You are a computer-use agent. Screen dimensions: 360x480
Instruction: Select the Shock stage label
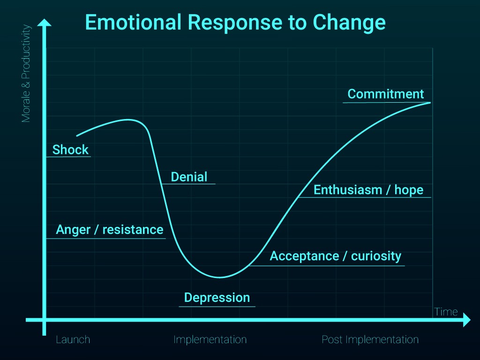[x=70, y=150]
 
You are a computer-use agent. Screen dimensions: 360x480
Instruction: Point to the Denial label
[x=189, y=177]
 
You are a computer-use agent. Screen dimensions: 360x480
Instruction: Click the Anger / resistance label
[x=109, y=230]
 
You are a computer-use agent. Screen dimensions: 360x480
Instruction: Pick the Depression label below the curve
[x=217, y=298]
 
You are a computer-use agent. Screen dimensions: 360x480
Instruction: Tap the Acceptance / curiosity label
[x=336, y=256]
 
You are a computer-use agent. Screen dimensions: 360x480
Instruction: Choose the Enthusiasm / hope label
[x=368, y=190]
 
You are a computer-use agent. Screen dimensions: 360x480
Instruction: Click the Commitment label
[x=386, y=94]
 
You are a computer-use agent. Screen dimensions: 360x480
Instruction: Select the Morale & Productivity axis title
[x=26, y=74]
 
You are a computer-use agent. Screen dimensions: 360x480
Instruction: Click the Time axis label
[x=446, y=312]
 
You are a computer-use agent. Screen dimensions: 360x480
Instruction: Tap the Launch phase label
[x=73, y=339]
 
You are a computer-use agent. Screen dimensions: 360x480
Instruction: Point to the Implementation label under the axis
[x=210, y=339]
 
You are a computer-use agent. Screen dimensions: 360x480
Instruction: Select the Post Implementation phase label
[x=370, y=339]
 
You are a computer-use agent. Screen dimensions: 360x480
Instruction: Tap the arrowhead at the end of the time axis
[x=466, y=321]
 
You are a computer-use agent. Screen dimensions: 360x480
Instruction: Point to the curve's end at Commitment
[x=429, y=102]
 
